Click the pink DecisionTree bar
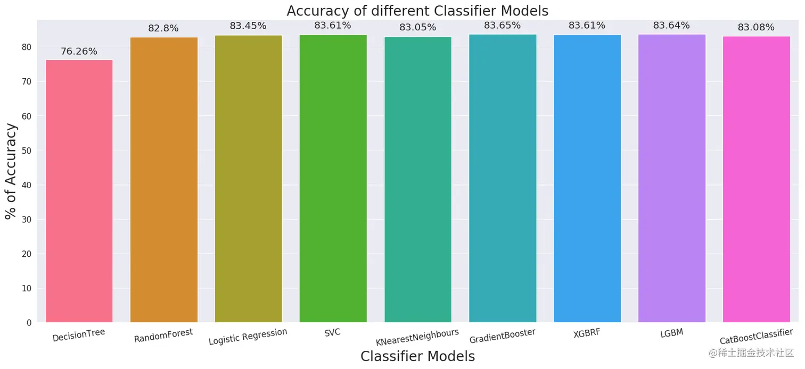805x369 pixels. (x=79, y=191)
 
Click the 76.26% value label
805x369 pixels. (x=79, y=52)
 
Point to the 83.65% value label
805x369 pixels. (x=502, y=25)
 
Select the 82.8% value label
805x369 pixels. (x=163, y=28)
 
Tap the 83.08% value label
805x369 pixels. (x=756, y=27)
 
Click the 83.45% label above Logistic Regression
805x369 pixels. (x=248, y=26)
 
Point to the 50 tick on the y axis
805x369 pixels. (x=27, y=150)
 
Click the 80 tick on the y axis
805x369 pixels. (x=27, y=47)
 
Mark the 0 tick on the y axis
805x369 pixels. (x=29, y=323)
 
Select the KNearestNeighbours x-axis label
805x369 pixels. (x=417, y=337)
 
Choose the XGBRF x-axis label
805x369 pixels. (x=587, y=333)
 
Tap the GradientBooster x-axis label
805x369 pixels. (x=502, y=336)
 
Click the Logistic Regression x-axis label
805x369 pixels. (x=248, y=337)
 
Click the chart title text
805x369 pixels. (x=417, y=11)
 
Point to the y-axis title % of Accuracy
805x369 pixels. (x=11, y=171)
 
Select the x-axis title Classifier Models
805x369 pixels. (x=417, y=356)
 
